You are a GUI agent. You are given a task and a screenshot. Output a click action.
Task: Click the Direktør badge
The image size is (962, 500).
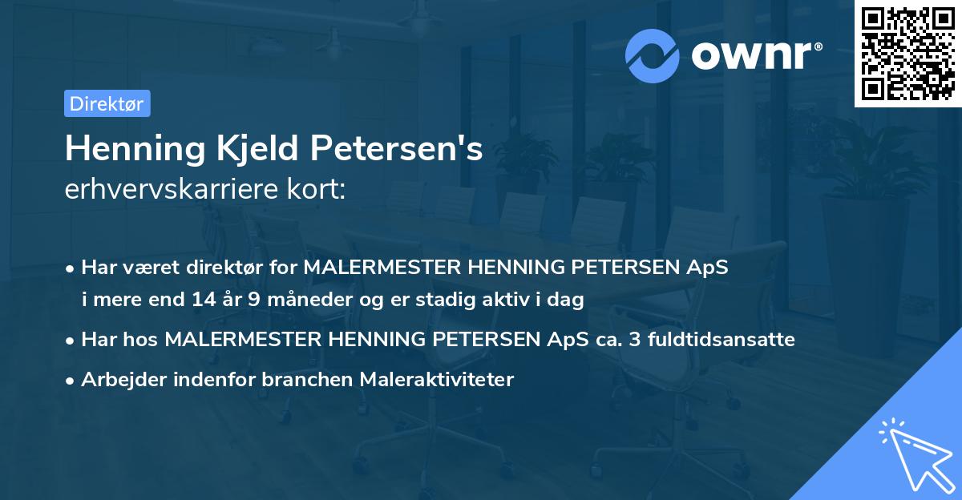107,103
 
